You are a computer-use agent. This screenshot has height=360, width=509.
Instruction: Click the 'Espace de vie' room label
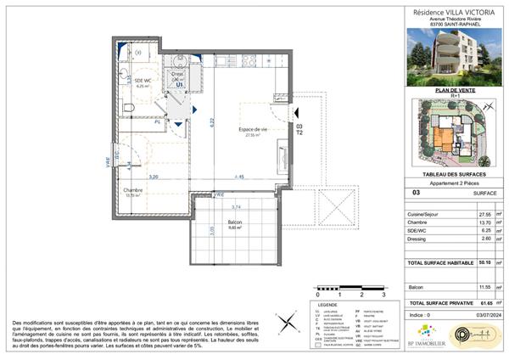click(252, 129)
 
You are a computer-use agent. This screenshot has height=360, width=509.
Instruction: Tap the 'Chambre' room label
click(131, 191)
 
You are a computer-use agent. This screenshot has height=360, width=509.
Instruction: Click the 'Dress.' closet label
click(177, 74)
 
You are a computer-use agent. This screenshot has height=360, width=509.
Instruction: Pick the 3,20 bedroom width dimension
click(154, 177)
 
